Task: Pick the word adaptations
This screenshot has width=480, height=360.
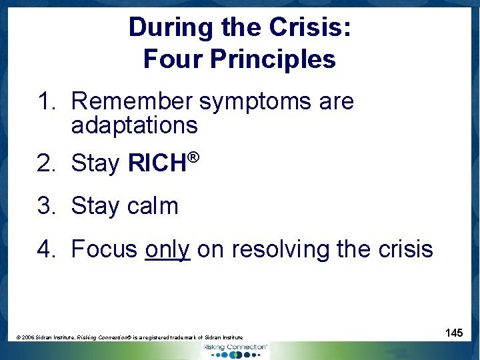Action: click(x=134, y=125)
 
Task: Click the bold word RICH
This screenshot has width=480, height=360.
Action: click(x=156, y=163)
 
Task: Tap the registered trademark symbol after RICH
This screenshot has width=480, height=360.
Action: click(x=193, y=157)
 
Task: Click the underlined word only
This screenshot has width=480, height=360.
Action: click(x=167, y=249)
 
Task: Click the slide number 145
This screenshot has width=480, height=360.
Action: click(x=454, y=332)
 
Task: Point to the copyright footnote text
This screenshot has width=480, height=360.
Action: click(x=129, y=338)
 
